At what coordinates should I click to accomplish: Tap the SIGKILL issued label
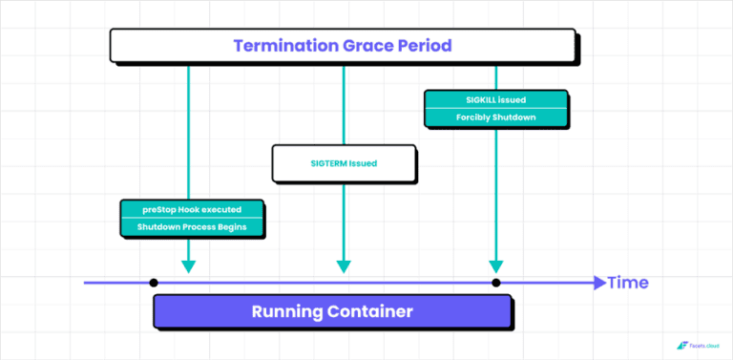[495, 99]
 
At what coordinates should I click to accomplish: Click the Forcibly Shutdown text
[495, 117]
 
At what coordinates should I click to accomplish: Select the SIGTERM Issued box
[344, 163]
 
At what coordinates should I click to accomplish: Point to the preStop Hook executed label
[192, 209]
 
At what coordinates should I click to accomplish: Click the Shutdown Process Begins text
[192, 227]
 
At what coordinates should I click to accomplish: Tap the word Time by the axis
[629, 283]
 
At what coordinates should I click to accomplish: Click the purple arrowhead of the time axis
[599, 283]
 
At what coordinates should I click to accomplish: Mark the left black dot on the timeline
[154, 283]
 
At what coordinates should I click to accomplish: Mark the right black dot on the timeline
[495, 283]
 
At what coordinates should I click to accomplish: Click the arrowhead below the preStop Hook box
[189, 266]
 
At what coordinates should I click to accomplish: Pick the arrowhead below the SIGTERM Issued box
[343, 266]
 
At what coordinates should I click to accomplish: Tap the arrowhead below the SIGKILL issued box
[495, 266]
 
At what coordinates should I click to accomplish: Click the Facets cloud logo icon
[681, 346]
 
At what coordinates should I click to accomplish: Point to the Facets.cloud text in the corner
[705, 346]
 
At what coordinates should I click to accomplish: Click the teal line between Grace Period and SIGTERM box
[343, 103]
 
